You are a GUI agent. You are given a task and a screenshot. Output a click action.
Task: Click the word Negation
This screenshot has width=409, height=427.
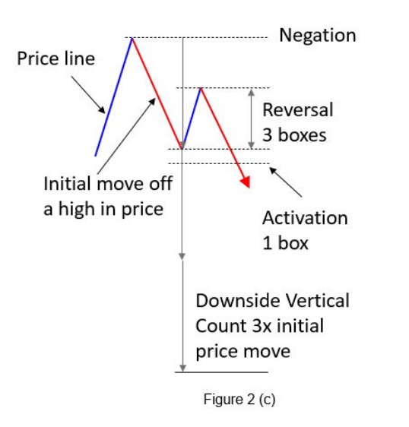pyautogui.click(x=318, y=36)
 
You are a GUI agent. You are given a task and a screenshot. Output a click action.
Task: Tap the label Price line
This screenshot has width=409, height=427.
pyautogui.click(x=55, y=59)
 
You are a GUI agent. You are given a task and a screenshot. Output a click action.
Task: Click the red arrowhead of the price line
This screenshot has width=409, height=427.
pyautogui.click(x=246, y=182)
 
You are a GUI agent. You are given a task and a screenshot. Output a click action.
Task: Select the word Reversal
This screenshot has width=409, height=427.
pyautogui.click(x=298, y=109)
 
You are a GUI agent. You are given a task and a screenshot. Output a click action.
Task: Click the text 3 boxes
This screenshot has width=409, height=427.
pyautogui.click(x=294, y=135)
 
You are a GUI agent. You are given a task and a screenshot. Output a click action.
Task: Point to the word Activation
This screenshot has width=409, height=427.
pyautogui.click(x=305, y=218)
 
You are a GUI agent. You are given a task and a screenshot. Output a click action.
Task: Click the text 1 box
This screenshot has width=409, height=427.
pyautogui.click(x=285, y=243)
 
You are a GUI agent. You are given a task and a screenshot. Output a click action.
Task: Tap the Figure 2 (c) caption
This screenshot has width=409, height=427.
pyautogui.click(x=239, y=400)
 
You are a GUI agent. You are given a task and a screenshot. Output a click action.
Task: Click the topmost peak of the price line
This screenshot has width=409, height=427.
pyautogui.click(x=132, y=38)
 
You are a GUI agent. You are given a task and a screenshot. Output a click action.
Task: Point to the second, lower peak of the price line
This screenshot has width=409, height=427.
pyautogui.click(x=201, y=88)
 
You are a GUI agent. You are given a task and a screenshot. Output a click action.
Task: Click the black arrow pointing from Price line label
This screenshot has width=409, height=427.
pyautogui.click(x=88, y=95)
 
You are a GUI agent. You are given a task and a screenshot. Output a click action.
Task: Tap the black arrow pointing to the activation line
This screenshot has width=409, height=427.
pyautogui.click(x=286, y=182)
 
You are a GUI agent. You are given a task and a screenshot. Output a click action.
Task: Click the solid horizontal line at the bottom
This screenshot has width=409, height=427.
pyautogui.click(x=221, y=372)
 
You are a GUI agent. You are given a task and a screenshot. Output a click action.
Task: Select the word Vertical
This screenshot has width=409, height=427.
pyautogui.click(x=315, y=301)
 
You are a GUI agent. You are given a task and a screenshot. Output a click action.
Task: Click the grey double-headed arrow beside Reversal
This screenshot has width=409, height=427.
pyautogui.click(x=252, y=119)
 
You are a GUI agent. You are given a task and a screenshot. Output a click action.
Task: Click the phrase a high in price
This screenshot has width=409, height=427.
pyautogui.click(x=103, y=210)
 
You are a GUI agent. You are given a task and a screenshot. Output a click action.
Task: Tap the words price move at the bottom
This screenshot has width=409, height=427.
pyautogui.click(x=243, y=352)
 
